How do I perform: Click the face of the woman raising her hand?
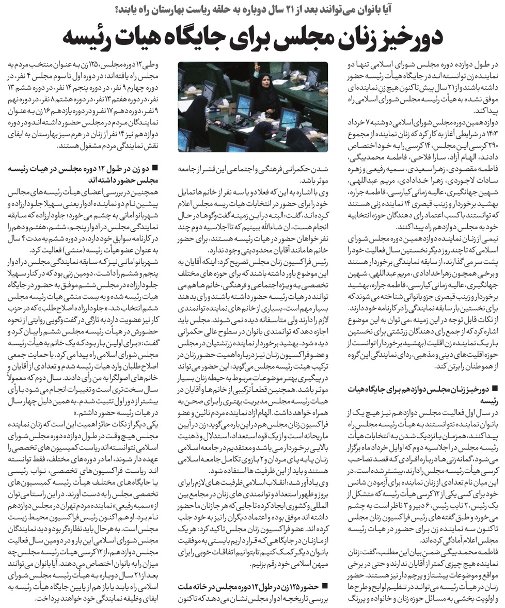[x=267, y=83]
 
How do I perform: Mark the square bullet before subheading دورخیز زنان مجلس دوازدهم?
[x=495, y=388]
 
